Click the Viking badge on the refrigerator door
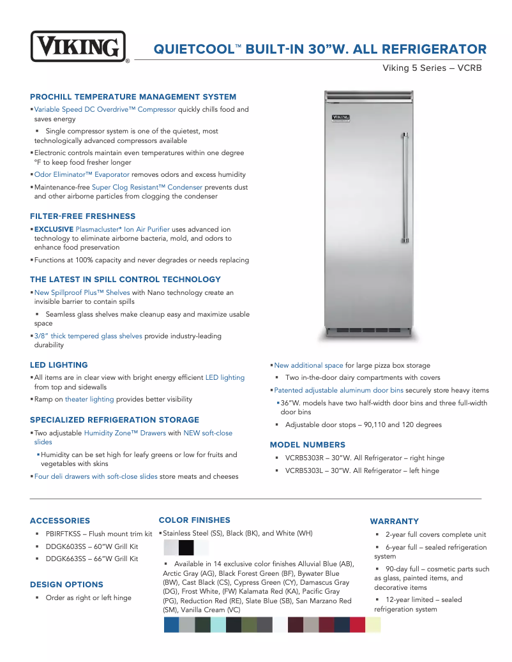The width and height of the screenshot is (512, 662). pos(342,118)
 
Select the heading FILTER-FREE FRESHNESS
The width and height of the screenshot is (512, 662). pos(82,216)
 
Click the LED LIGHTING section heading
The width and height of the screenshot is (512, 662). pos(59,365)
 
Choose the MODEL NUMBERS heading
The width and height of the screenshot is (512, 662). pos(307,445)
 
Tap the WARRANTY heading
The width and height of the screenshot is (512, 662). pos(395,522)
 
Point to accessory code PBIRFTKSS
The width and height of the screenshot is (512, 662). pos(66,534)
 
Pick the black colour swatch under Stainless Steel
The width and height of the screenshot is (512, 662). pos(186,548)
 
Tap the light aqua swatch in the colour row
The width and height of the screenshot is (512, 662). pos(218,624)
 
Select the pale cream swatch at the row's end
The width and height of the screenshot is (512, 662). pos(373,624)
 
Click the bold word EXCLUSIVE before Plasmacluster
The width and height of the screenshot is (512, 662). pos(54,229)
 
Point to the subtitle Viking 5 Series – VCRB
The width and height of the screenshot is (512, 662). pos(432,68)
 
